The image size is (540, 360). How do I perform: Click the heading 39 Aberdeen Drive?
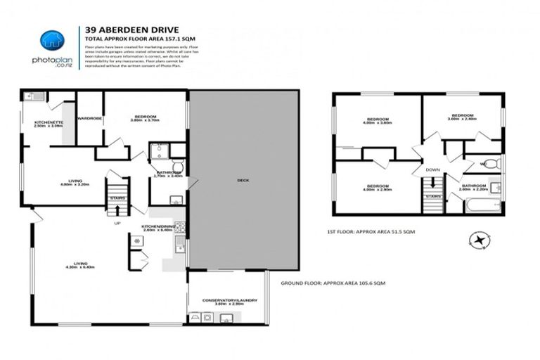click(121, 30)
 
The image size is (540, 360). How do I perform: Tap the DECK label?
click(243, 180)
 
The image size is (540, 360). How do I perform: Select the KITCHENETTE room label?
click(49, 124)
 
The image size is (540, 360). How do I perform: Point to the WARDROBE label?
click(90, 118)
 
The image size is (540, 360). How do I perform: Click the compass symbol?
click(481, 240)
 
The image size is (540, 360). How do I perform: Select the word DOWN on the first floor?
click(432, 169)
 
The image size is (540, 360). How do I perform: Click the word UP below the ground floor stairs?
click(117, 223)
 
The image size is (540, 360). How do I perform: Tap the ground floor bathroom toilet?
click(177, 167)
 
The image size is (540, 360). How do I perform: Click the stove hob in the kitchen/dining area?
click(179, 227)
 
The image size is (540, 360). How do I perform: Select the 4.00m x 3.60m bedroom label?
click(378, 120)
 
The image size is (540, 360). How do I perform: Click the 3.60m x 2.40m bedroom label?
click(462, 116)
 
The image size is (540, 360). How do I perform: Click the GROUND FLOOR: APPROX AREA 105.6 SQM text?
click(333, 283)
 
